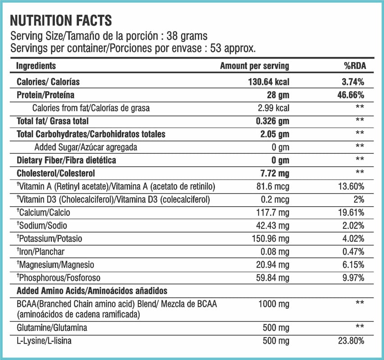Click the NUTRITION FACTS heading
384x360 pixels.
tap(61, 20)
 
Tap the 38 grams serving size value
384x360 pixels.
tap(187, 36)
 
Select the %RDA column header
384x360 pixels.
tap(355, 66)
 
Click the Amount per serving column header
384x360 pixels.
tap(255, 66)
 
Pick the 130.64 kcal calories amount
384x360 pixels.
tap(269, 82)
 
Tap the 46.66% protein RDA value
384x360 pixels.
tap(351, 95)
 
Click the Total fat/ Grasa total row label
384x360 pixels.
tap(53, 121)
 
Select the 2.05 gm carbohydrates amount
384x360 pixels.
tap(274, 134)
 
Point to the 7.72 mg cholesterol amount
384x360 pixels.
tap(274, 173)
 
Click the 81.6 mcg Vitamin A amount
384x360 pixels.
tap(273, 186)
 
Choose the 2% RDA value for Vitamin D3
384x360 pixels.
tap(359, 199)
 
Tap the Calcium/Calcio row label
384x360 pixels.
tap(43, 212)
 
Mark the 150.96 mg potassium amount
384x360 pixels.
tap(270, 239)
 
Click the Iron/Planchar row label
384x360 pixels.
tap(41, 252)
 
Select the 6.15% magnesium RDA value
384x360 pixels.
tap(353, 265)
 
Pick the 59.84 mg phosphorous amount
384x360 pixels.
tap(273, 278)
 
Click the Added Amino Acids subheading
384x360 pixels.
tap(92, 291)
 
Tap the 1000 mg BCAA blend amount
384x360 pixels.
tap(274, 304)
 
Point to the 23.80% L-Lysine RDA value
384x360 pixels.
tap(351, 341)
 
